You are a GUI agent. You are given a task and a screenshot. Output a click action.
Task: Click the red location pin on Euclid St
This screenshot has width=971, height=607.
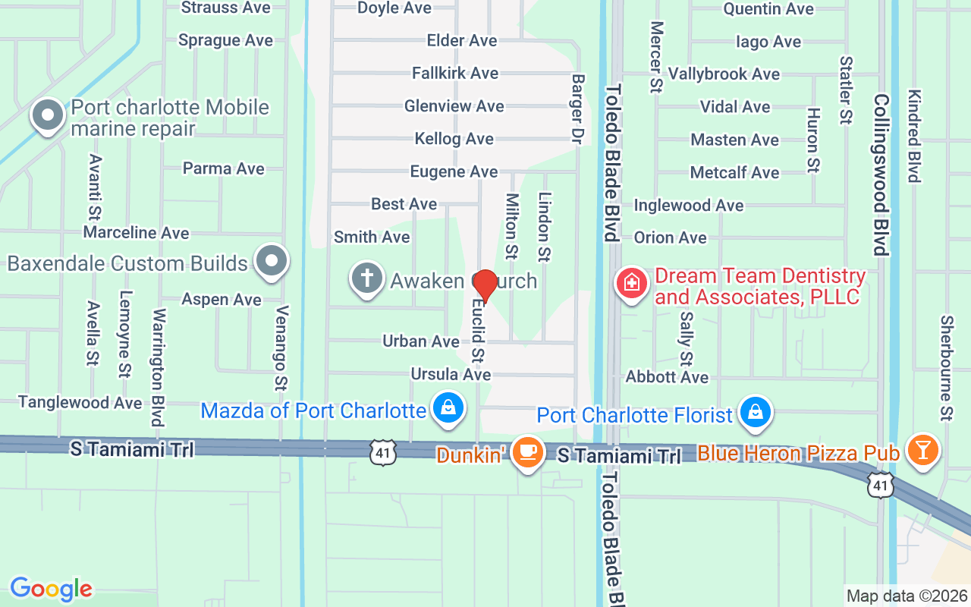click(x=485, y=285)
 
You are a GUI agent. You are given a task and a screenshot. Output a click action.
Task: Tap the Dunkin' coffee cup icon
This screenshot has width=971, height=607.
click(x=527, y=452)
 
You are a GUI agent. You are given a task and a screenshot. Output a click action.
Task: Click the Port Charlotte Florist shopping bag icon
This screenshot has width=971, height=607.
click(x=756, y=413)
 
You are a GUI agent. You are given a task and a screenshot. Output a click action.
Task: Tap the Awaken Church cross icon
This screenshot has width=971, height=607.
click(x=366, y=279)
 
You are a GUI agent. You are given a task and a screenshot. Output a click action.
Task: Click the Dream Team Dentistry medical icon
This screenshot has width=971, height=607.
click(x=630, y=285)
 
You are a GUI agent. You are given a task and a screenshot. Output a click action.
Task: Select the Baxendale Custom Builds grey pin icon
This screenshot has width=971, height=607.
click(x=272, y=262)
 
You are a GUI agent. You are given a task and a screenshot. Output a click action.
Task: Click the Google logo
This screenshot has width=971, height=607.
click(x=51, y=589)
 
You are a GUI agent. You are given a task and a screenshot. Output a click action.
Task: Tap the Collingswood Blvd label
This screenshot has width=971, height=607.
click(x=880, y=175)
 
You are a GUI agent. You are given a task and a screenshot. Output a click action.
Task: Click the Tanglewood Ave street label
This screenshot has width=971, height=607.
click(x=80, y=402)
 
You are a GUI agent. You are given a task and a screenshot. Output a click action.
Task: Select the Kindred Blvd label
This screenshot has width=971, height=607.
click(x=914, y=137)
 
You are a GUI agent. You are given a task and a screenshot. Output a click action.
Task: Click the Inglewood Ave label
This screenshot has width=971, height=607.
click(x=689, y=206)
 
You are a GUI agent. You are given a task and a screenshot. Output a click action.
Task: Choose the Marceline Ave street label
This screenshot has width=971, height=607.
click(x=137, y=232)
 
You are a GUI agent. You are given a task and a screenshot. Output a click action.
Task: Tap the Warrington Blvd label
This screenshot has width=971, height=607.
click(x=159, y=368)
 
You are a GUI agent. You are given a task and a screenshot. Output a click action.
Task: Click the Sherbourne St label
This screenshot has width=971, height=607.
click(x=946, y=368)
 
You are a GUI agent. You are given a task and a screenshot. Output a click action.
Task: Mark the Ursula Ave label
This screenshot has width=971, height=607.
click(x=451, y=374)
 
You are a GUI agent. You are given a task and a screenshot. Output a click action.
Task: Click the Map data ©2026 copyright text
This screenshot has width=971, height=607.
click(x=907, y=596)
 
